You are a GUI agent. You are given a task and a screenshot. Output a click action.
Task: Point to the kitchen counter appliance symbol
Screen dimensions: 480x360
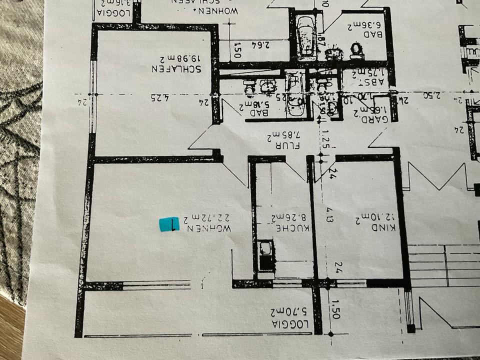point(265,248)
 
